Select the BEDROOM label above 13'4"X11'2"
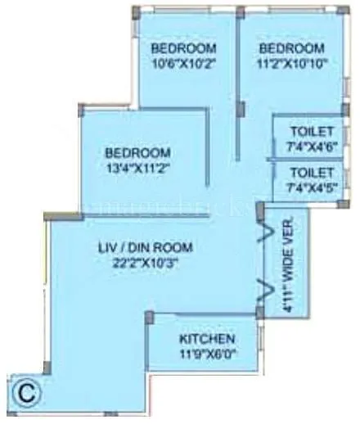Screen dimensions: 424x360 pos(137,153)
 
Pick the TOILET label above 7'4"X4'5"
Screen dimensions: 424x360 pos(312,173)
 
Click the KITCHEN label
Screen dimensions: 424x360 pos(208,339)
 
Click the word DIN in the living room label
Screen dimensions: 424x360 pos(141,248)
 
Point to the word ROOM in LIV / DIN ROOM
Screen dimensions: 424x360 pos(170,248)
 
